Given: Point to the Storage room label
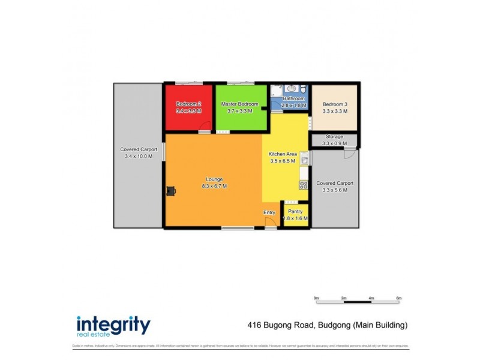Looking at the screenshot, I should click(x=334, y=137).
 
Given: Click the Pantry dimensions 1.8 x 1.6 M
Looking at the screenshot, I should click(x=295, y=218).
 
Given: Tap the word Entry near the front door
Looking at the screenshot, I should click(x=269, y=212).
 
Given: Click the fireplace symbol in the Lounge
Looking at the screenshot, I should click(x=172, y=191).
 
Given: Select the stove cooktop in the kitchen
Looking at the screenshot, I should click(x=304, y=185).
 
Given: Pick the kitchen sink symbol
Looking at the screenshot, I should click(x=305, y=159).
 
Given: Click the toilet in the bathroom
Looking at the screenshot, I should click(x=301, y=89).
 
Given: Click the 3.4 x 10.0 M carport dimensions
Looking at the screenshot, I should click(x=139, y=156).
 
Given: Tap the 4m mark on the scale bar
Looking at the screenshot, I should click(x=371, y=298).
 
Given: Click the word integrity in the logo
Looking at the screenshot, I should click(x=113, y=325).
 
